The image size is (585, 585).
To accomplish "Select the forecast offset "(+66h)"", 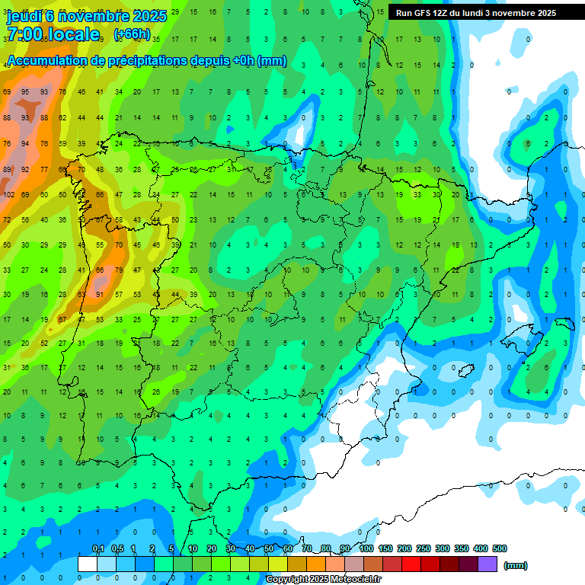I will click(x=132, y=34).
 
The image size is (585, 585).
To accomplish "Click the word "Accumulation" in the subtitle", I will click(x=48, y=61).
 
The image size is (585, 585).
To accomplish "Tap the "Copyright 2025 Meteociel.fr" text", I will click(x=323, y=580).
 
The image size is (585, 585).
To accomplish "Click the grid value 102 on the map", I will click(x=8, y=194).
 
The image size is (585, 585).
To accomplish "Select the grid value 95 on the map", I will click(x=25, y=91).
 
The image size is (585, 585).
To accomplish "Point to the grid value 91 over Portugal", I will click(x=99, y=294).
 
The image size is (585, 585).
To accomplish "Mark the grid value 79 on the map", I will click(x=118, y=270).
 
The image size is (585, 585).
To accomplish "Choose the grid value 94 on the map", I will click(x=25, y=143).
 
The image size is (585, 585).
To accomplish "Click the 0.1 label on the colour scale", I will click(x=98, y=548).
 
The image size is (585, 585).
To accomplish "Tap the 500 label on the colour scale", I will click(x=499, y=548).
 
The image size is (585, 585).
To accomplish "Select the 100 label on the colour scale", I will click(x=366, y=548).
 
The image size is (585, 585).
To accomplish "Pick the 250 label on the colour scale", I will click(x=424, y=548).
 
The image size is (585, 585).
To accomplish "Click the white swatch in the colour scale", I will click(x=88, y=564).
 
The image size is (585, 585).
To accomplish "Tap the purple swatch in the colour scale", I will click(x=487, y=564).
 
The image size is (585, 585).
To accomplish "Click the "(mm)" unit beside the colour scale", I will click(x=516, y=565).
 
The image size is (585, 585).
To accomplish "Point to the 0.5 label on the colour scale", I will click(x=117, y=548).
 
